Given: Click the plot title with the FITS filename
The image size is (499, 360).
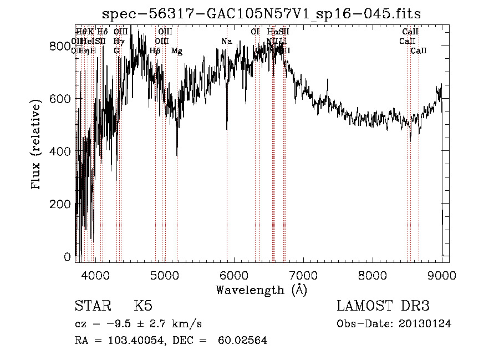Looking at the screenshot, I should pyautogui.click(x=266, y=14).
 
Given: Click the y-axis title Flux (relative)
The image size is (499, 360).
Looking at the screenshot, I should pyautogui.click(x=37, y=145).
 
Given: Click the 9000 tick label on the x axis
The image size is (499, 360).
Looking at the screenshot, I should pyautogui.click(x=442, y=275).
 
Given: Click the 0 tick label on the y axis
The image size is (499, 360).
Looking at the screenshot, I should pyautogui.click(x=68, y=257).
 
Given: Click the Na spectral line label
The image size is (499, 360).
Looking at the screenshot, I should pyautogui.click(x=226, y=42).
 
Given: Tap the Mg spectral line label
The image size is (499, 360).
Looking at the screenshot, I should pyautogui.click(x=177, y=51).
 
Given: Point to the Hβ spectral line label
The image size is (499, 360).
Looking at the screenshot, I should pyautogui.click(x=155, y=51).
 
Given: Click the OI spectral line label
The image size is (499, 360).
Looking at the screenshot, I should pyautogui.click(x=255, y=32).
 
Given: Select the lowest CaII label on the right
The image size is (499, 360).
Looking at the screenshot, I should pyautogui.click(x=419, y=51).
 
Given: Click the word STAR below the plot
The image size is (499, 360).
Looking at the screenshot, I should pyautogui.click(x=91, y=307).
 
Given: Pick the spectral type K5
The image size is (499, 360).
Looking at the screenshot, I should pyautogui.click(x=143, y=307).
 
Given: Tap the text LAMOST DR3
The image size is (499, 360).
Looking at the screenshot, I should pyautogui.click(x=383, y=307).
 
